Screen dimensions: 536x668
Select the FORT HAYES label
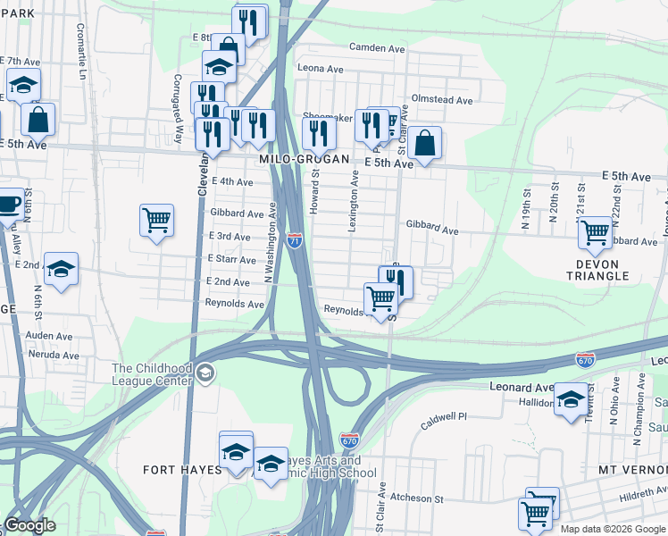tap(181, 470)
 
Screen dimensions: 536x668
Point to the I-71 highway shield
tap(296, 239)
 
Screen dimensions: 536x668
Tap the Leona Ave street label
tap(321, 69)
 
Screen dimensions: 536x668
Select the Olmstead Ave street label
tap(441, 100)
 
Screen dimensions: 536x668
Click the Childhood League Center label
tap(152, 374)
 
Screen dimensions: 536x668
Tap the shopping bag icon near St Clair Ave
tap(425, 143)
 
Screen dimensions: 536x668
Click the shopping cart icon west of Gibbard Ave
tap(156, 220)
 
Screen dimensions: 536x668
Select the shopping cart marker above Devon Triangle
tap(594, 232)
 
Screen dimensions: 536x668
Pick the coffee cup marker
tap(9, 204)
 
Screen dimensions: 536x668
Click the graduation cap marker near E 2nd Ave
tap(61, 268)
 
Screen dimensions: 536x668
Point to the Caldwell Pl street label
tap(444, 417)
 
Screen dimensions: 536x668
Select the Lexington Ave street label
tap(354, 205)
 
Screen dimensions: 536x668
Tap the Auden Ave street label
tap(49, 335)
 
